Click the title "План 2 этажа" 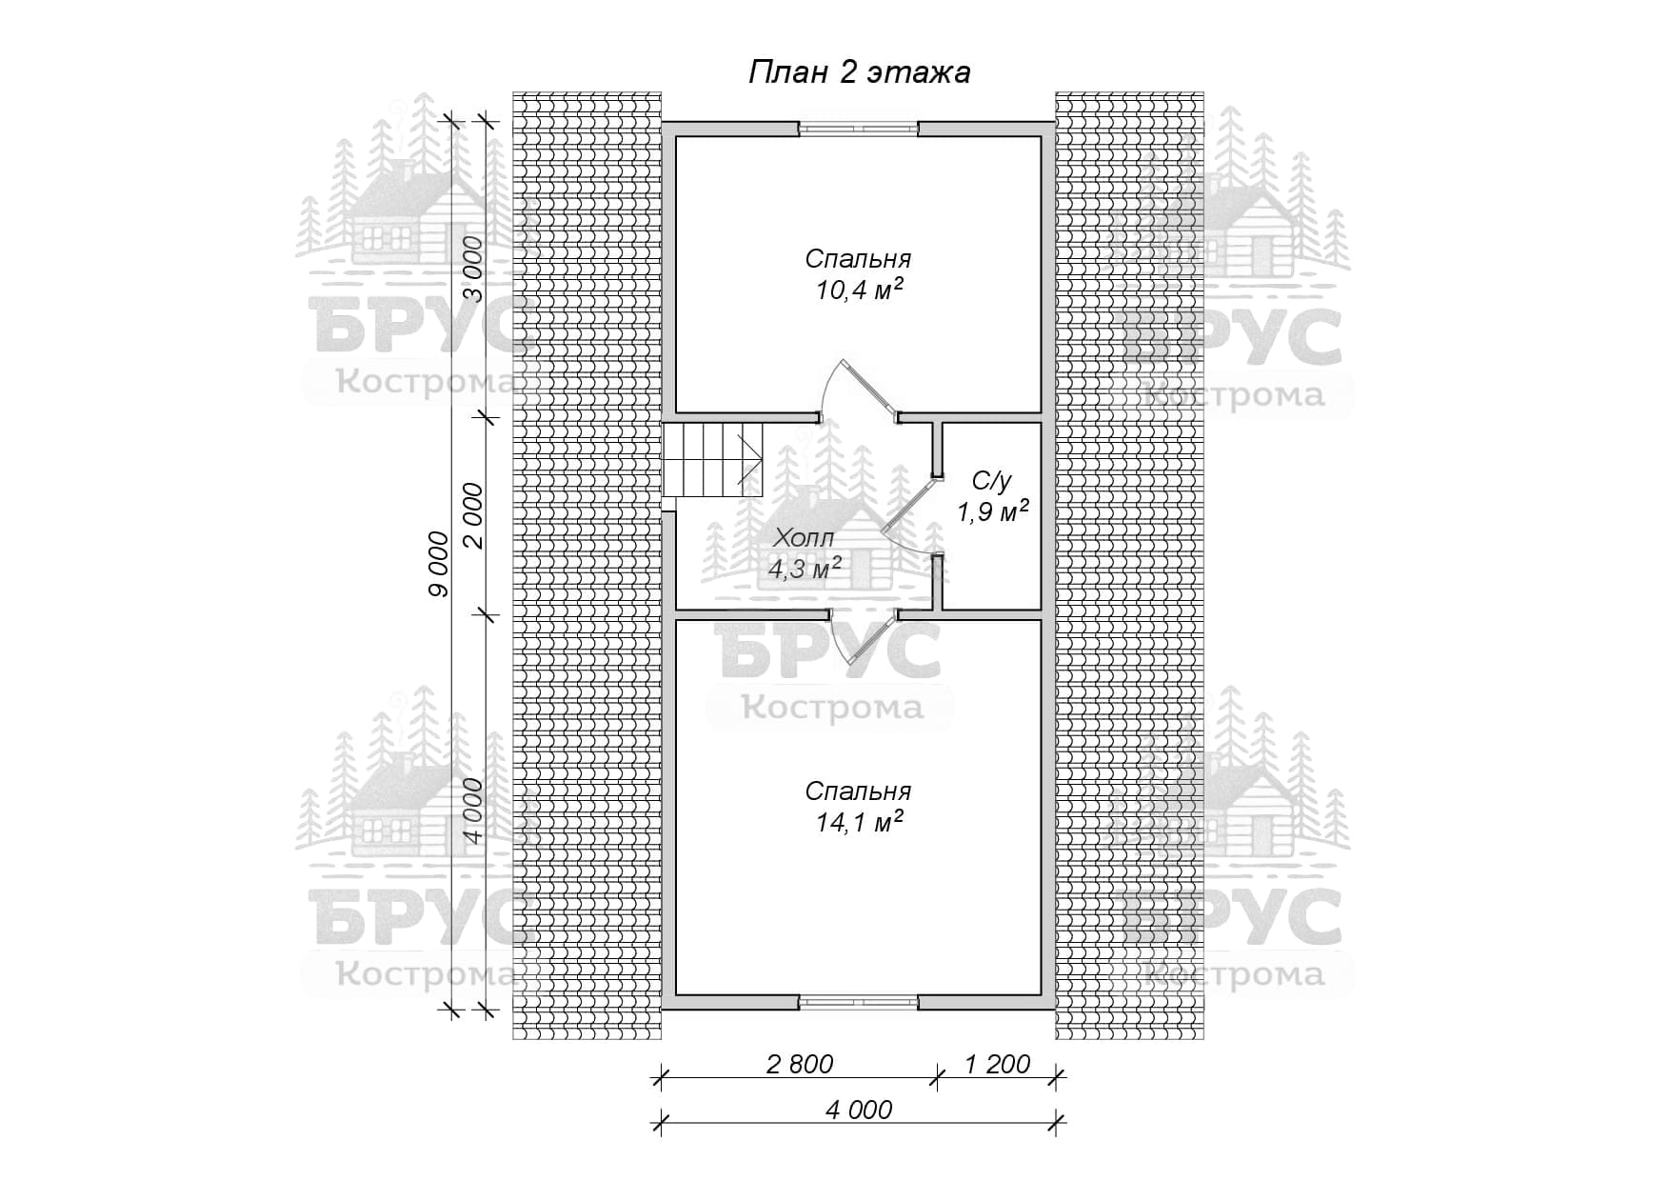(859, 73)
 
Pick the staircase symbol (714, 460)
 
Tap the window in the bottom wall (859, 1001)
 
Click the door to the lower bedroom (862, 638)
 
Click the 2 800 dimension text (800, 1064)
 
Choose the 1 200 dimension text (997, 1064)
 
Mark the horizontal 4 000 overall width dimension (859, 1110)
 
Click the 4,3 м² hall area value (805, 570)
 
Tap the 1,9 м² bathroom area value (993, 511)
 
